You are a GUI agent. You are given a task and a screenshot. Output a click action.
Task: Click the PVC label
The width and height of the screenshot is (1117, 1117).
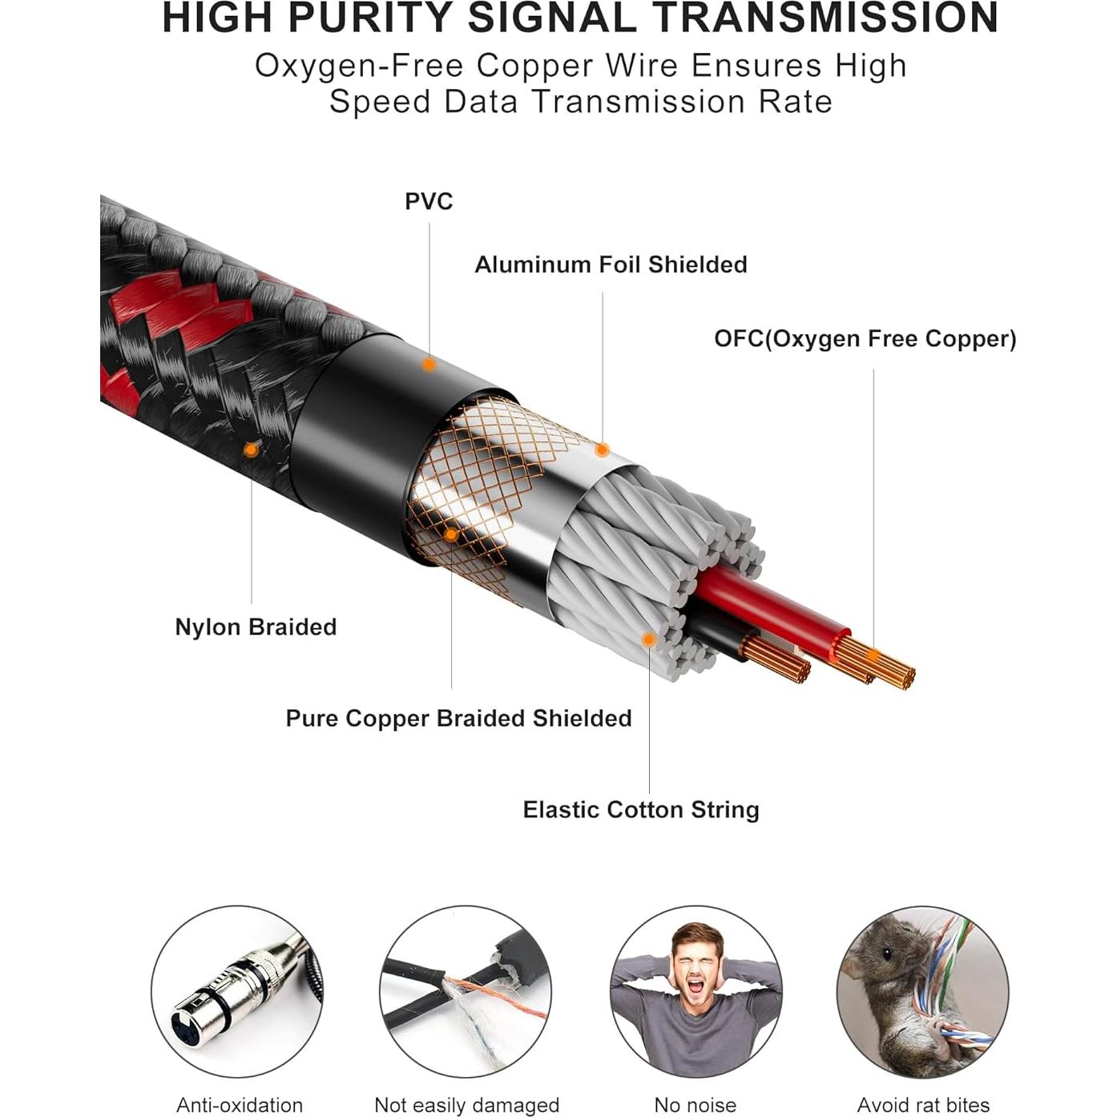429,201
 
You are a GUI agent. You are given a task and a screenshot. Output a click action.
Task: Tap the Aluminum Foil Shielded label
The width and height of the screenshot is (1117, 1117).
611,264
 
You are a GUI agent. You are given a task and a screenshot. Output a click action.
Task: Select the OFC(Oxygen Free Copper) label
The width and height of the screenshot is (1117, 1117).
865,339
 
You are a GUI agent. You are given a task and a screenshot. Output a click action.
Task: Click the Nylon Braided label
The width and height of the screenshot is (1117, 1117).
256,627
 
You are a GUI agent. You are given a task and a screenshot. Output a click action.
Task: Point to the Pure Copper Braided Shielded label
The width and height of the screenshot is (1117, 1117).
458,718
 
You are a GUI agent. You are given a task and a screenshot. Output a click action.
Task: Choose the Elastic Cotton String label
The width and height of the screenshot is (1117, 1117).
641,809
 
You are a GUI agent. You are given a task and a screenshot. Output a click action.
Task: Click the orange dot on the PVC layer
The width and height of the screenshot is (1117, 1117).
429,365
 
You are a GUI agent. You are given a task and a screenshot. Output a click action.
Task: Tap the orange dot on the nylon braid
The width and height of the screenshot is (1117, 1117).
252,450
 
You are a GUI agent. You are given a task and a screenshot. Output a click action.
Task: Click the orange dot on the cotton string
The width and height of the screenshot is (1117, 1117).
649,639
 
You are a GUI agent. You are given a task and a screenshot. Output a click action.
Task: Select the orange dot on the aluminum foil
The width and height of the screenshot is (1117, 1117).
602,450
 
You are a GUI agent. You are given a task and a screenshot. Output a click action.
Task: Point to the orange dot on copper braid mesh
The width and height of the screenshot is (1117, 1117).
451,534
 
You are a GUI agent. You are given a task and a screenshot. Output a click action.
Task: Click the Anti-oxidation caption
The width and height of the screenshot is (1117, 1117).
240,1105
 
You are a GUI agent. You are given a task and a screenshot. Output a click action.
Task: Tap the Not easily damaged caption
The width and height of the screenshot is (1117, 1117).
466,1105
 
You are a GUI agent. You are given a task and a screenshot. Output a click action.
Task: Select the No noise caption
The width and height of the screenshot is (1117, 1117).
695,1105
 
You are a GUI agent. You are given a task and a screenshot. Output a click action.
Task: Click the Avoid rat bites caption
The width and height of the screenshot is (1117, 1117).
923,1105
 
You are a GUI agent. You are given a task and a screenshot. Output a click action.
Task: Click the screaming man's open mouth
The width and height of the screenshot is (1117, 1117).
695,985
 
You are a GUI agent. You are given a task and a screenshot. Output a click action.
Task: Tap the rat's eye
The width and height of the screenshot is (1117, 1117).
887,954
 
